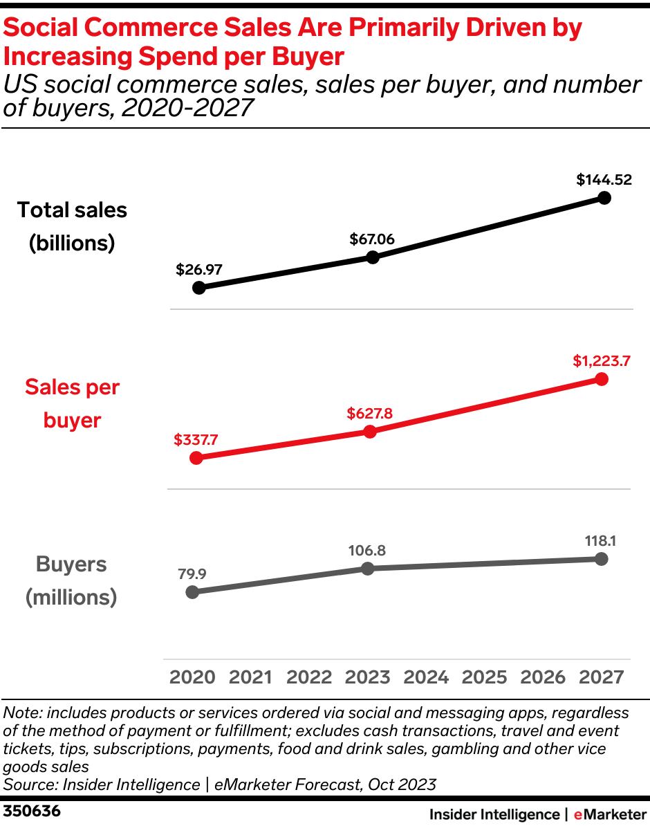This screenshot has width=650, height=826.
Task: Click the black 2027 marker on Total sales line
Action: pyautogui.click(x=604, y=198)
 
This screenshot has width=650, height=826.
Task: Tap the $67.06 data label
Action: pyautogui.click(x=372, y=239)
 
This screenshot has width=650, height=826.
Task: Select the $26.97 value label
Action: pyautogui.click(x=199, y=268)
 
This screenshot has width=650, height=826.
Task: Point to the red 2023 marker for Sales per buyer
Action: pyautogui.click(x=370, y=432)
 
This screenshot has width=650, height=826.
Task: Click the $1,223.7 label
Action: pyautogui.click(x=601, y=360)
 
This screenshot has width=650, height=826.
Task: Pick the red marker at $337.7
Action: pyautogui.click(x=196, y=458)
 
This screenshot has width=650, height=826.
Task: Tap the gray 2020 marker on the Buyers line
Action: pyautogui.click(x=193, y=592)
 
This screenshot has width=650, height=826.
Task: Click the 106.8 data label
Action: pyautogui.click(x=367, y=551)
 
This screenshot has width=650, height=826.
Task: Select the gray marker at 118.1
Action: pyautogui.click(x=601, y=559)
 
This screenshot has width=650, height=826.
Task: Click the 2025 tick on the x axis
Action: pyautogui.click(x=484, y=677)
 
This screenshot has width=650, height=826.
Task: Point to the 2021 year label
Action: pyautogui.click(x=250, y=677)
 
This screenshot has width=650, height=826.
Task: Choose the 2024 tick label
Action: pyautogui.click(x=426, y=677)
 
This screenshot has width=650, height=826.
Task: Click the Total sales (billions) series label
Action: pyautogui.click(x=72, y=226)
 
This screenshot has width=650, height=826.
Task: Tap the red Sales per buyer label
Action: pyautogui.click(x=72, y=403)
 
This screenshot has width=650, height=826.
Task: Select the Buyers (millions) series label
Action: pyautogui.click(x=71, y=580)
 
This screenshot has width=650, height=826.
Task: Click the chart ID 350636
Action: pyautogui.click(x=32, y=811)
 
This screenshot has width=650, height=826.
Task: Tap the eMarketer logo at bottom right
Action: pyautogui.click(x=609, y=814)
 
